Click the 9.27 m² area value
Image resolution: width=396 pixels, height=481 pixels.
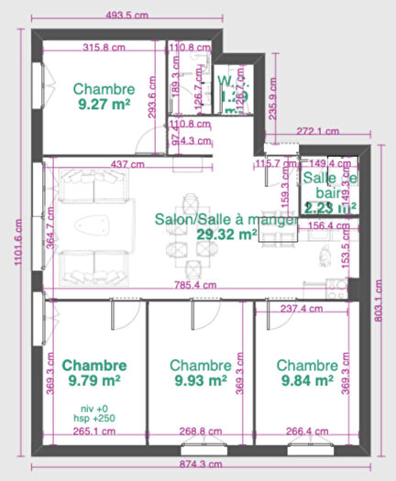(x=104, y=105)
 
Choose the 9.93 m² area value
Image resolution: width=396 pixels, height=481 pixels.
(x=200, y=378)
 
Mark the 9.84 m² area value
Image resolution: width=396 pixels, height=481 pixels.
(x=307, y=378)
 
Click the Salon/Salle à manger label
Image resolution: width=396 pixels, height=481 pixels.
(x=224, y=220)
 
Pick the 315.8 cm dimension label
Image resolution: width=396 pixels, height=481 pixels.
(x=104, y=48)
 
